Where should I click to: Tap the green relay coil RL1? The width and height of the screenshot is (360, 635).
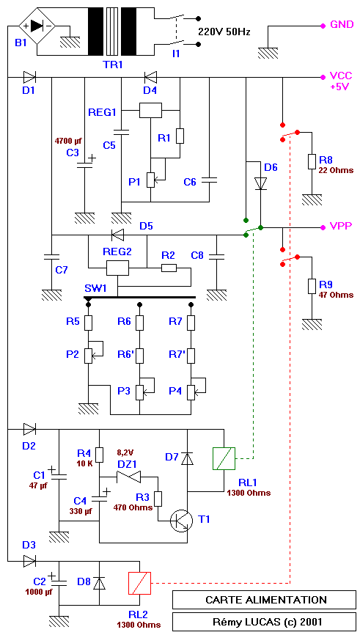[224, 459]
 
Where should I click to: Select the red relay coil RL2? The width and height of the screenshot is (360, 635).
[140, 583]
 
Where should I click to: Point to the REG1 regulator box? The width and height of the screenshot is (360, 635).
[150, 110]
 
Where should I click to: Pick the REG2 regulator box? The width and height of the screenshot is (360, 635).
[117, 268]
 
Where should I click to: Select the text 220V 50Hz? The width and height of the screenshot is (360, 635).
[224, 32]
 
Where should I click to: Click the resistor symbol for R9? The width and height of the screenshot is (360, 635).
[312, 286]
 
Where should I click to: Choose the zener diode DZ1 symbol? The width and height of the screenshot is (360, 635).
[129, 477]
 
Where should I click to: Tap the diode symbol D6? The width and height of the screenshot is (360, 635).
[261, 183]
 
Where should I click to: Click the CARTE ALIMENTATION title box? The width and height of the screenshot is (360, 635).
[265, 600]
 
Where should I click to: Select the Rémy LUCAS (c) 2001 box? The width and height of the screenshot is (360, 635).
[265, 621]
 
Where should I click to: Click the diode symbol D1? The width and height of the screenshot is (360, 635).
[29, 76]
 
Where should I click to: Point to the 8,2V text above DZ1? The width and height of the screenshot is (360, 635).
[125, 452]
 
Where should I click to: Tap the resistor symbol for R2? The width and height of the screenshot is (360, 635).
[169, 268]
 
